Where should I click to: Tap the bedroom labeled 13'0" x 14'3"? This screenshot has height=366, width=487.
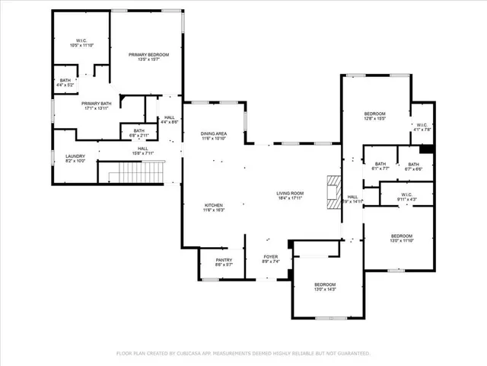click(325, 287)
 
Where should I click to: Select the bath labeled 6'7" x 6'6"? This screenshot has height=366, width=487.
click(413, 166)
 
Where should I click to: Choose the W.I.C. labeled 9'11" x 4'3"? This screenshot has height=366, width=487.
click(406, 197)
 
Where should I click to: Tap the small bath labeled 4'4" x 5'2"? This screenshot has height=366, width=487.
click(65, 83)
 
